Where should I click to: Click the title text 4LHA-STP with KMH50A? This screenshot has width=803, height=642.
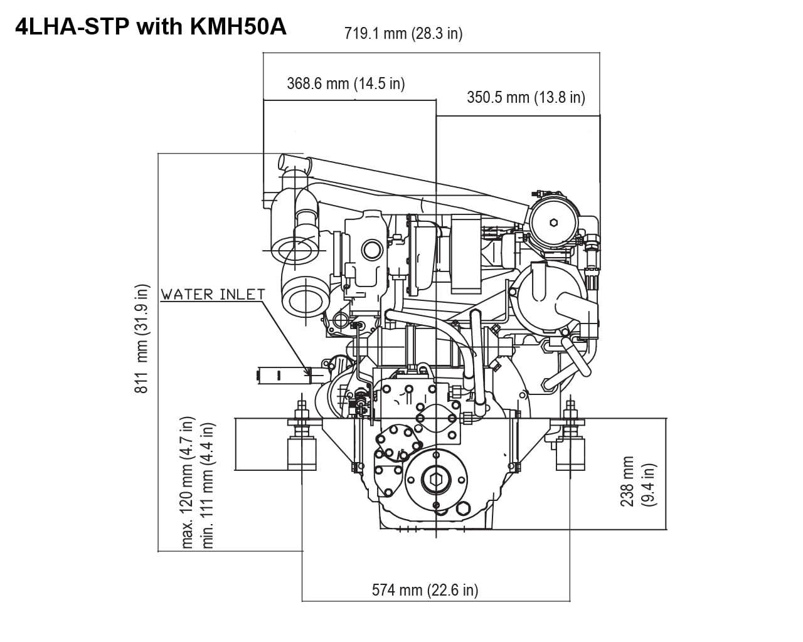(150, 29)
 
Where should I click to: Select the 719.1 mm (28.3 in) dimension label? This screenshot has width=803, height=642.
(403, 33)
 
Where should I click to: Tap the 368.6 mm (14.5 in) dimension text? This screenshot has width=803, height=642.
(346, 83)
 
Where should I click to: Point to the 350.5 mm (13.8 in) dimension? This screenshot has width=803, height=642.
(526, 97)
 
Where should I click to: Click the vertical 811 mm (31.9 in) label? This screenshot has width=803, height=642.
(143, 339)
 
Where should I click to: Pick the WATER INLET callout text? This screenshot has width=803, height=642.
(213, 294)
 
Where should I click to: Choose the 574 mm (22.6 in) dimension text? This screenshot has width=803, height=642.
(425, 590)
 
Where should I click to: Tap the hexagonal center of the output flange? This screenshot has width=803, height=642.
(436, 480)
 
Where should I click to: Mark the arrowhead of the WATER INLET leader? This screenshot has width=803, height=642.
(307, 373)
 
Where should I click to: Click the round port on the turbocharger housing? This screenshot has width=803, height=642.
(373, 250)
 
